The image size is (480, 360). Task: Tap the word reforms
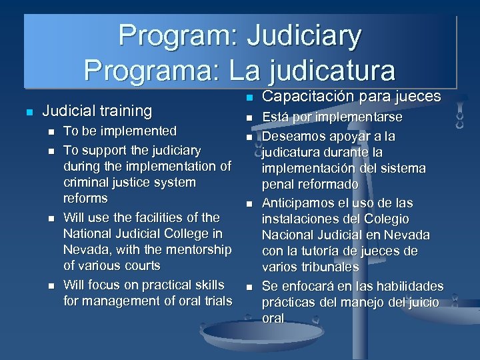(x=85, y=199)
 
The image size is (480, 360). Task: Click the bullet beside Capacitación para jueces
(x=249, y=99)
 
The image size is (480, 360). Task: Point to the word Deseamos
(x=295, y=137)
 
